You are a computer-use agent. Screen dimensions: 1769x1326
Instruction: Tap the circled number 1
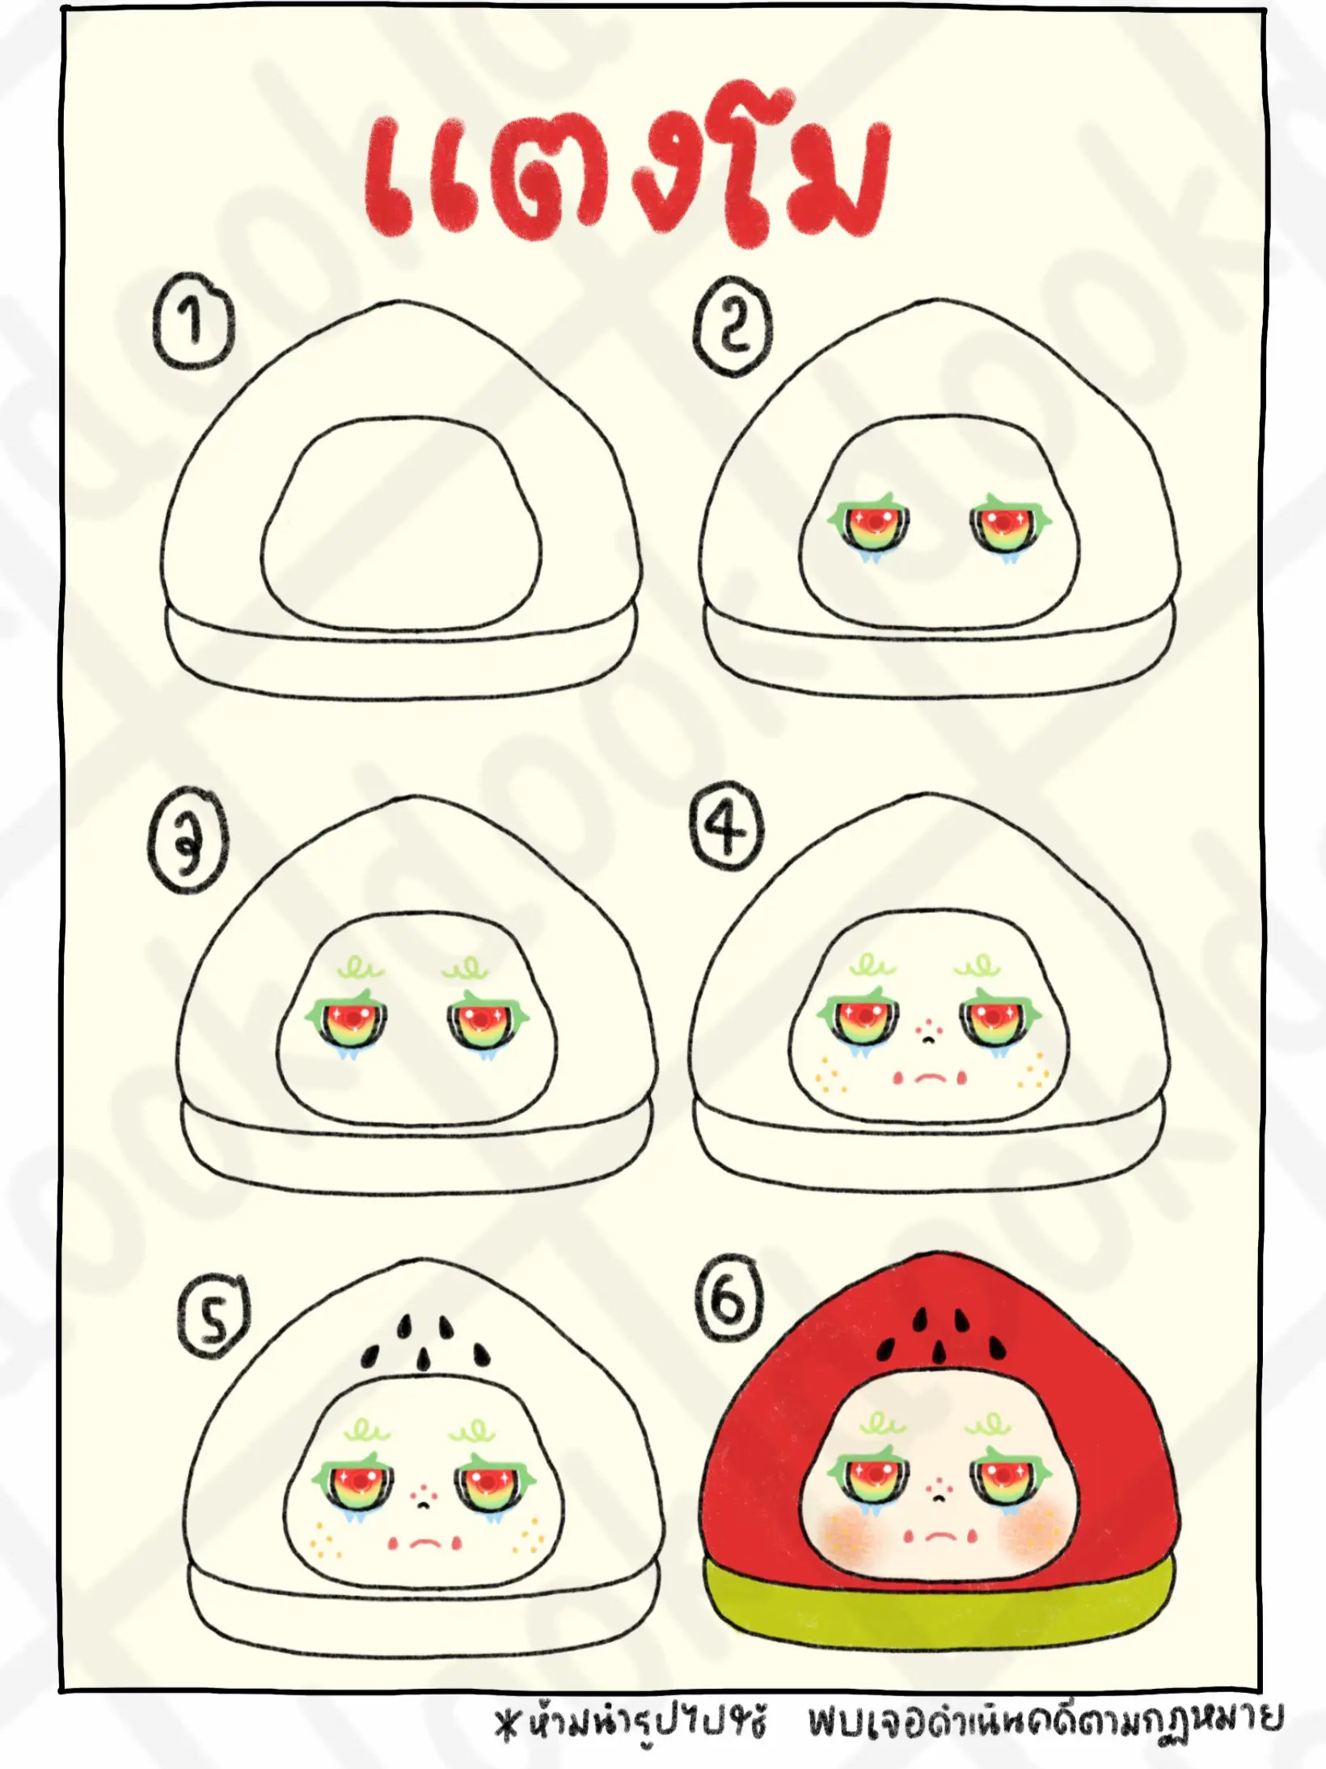[x=192, y=322]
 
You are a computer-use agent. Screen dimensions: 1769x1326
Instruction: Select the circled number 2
[x=733, y=326]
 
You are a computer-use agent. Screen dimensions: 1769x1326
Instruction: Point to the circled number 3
[x=188, y=843]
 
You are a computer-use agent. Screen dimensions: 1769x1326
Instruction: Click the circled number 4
[x=727, y=827]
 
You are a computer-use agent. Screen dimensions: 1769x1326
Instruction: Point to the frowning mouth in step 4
[x=931, y=1077]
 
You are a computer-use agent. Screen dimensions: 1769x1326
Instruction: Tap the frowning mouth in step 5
[x=424, y=1543]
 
